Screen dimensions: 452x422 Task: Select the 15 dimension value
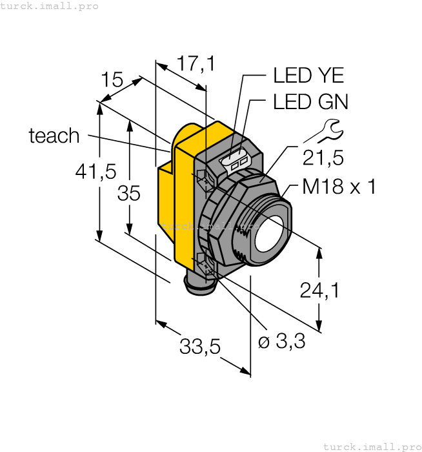click(112, 80)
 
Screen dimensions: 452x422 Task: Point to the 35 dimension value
click(129, 192)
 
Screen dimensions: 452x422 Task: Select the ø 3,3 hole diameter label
click(281, 342)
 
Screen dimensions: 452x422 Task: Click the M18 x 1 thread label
click(339, 187)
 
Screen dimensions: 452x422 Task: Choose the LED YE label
click(308, 76)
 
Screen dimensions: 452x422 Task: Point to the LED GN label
click(310, 102)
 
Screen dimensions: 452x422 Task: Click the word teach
click(54, 136)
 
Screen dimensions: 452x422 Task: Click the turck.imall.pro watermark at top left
click(50, 6)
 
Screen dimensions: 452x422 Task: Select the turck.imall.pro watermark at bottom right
click(370, 446)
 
